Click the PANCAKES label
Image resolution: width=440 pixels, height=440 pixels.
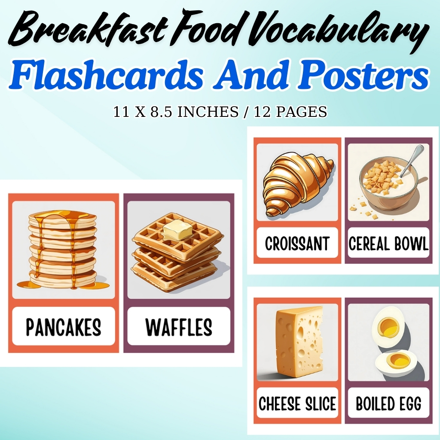(x=64, y=327)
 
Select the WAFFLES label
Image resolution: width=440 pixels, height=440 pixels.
(x=179, y=327)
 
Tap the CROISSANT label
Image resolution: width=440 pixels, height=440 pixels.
(x=297, y=244)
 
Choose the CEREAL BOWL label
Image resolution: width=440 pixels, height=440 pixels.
(x=388, y=244)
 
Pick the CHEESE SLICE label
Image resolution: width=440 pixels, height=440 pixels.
(x=297, y=404)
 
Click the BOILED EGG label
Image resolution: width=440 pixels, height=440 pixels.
(x=388, y=404)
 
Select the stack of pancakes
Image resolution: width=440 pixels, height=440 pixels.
(x=63, y=249)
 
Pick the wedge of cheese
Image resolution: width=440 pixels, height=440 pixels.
(x=299, y=342)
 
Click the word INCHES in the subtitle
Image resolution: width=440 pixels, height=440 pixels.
(x=214, y=112)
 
